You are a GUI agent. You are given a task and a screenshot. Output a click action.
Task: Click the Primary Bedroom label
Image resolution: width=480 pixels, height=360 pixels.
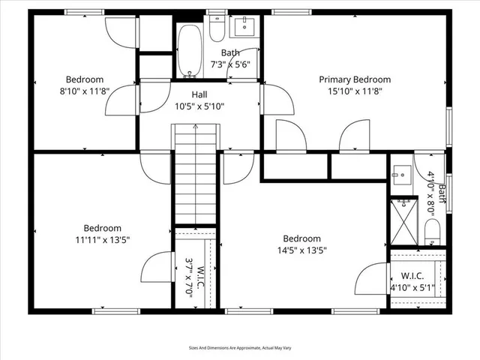(x=355, y=79)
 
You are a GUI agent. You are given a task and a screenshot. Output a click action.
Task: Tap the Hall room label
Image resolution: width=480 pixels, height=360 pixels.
(x=199, y=94)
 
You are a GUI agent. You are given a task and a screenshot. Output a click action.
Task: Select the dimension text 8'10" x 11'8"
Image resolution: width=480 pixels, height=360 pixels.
(x=84, y=91)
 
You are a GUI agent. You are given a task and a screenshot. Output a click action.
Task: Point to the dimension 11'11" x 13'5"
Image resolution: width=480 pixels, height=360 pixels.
(x=102, y=240)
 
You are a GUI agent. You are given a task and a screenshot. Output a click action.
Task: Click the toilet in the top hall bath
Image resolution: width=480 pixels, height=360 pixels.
(x=217, y=28)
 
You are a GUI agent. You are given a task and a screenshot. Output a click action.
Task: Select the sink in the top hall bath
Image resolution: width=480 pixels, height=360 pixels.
(x=244, y=28)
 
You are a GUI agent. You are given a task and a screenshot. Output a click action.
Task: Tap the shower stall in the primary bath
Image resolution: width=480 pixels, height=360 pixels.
(x=406, y=222)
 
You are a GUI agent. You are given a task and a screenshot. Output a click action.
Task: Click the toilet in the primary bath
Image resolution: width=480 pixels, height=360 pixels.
(x=432, y=231)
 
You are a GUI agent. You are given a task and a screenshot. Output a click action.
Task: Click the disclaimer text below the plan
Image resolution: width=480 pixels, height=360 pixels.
(x=240, y=347)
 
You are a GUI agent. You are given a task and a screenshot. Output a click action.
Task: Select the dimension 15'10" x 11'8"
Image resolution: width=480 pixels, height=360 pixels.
(x=355, y=91)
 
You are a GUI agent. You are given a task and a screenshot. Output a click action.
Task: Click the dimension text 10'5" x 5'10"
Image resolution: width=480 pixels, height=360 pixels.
(x=199, y=106)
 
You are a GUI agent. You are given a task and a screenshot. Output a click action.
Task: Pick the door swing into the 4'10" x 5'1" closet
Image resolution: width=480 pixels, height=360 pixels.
(x=370, y=280)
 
